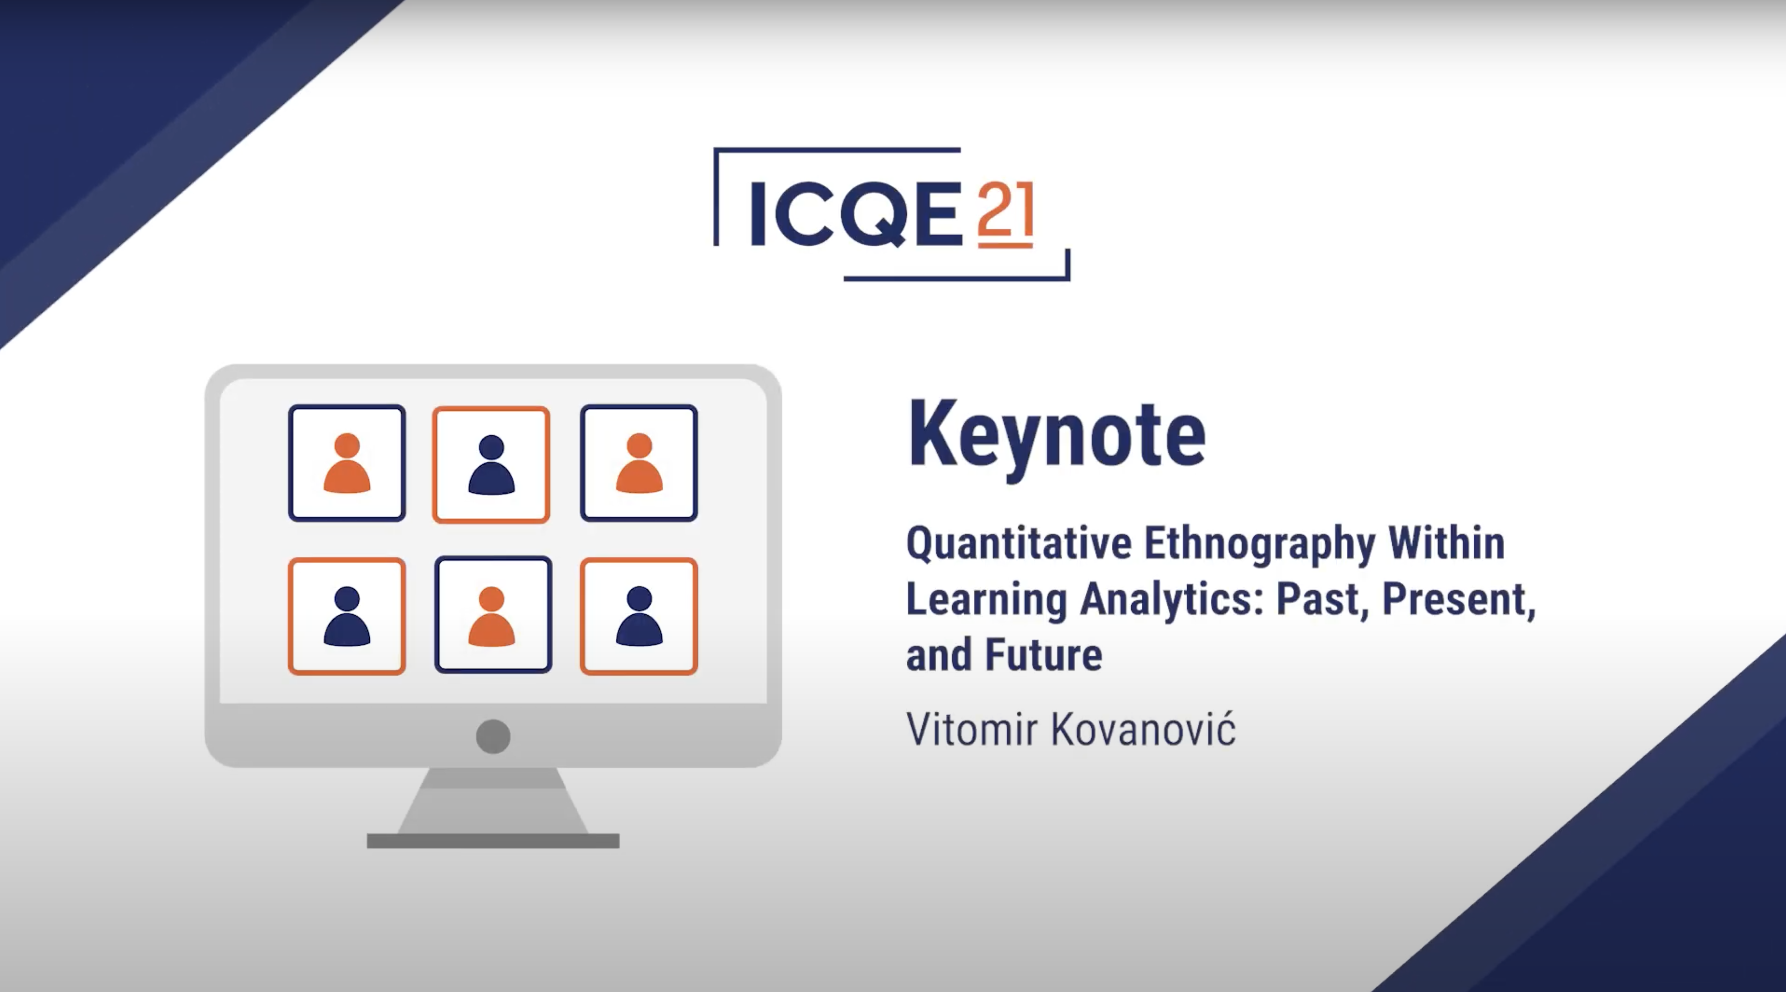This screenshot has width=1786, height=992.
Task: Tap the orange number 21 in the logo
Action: coord(1006,214)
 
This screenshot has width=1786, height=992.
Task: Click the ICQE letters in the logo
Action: coord(856,214)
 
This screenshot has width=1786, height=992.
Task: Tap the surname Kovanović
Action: coord(1143,729)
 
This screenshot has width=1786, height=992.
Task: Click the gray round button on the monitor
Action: coord(493,736)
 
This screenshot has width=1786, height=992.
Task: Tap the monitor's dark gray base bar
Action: coord(493,841)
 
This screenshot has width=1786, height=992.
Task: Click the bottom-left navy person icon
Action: coord(347,616)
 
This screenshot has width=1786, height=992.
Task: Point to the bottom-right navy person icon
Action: coord(639,616)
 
